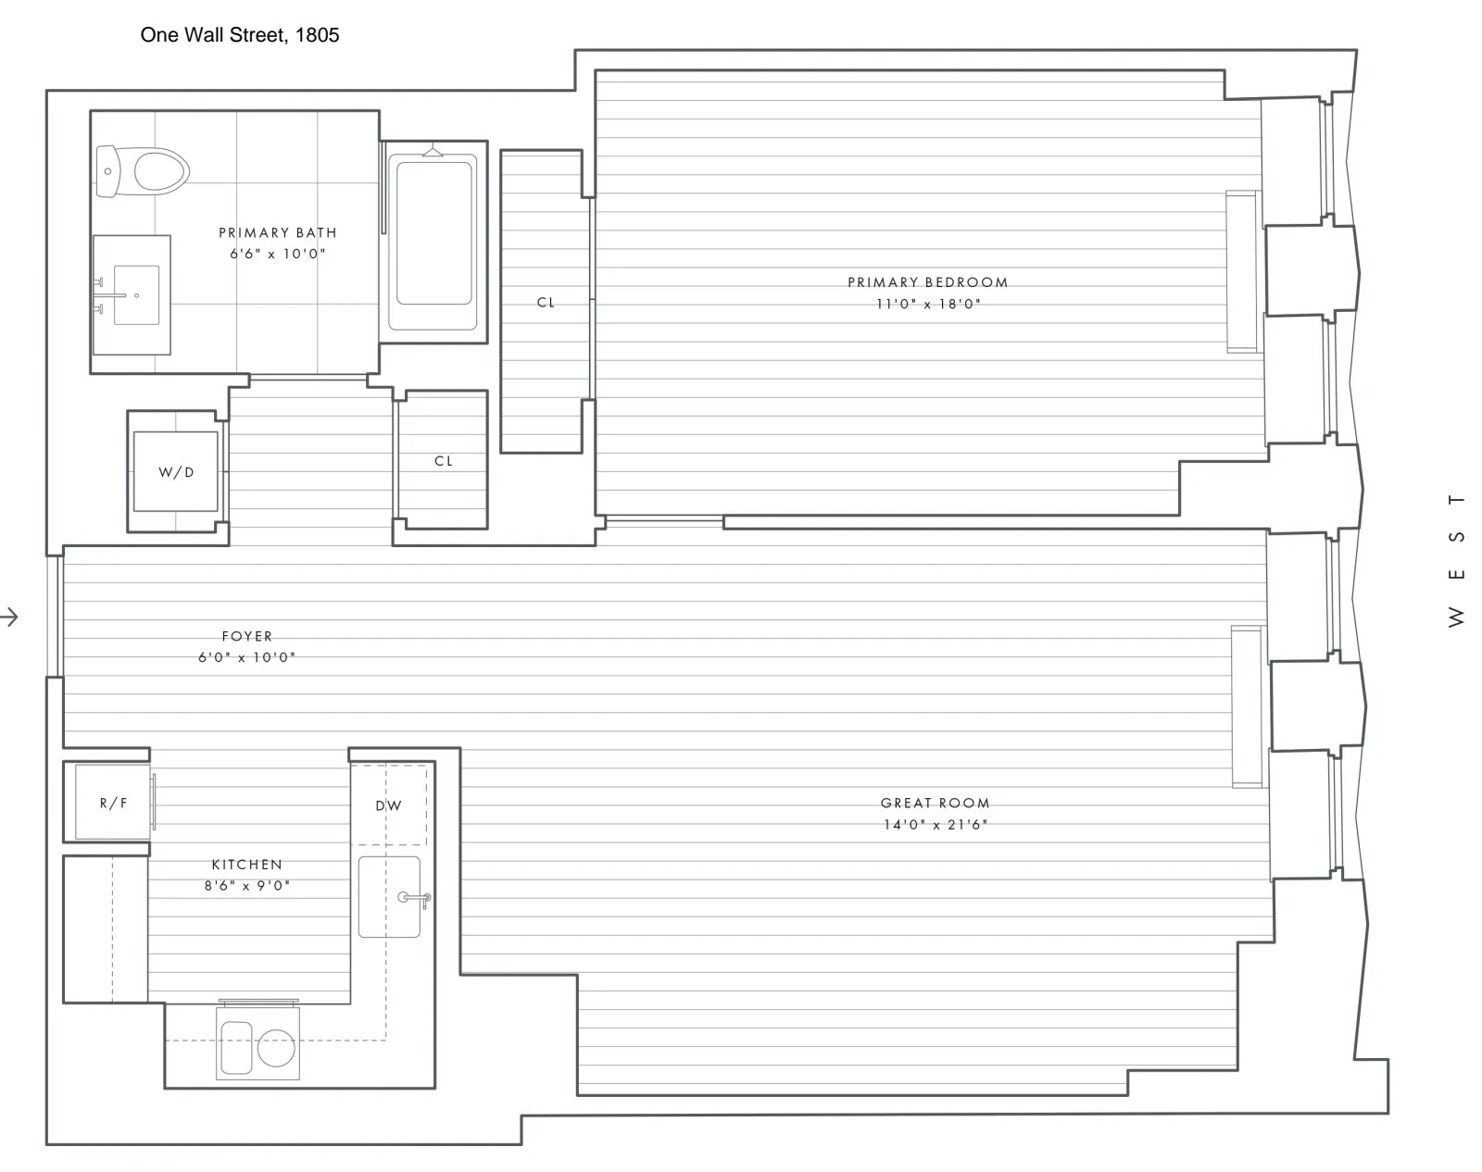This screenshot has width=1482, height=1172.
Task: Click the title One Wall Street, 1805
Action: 239,35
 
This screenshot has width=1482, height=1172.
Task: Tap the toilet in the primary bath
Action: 144,171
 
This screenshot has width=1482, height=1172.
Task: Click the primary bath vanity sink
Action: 135,294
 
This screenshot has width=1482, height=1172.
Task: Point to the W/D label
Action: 176,472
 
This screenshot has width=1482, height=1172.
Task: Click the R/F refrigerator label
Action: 113,803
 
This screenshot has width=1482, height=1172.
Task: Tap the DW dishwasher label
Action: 388,805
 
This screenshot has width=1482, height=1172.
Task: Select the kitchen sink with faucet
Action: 390,896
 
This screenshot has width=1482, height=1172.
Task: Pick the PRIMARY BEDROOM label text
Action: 927,282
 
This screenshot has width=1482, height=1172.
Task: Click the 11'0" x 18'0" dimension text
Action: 927,304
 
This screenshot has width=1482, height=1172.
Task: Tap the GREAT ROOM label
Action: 935,803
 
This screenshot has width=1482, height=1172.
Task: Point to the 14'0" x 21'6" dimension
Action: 935,824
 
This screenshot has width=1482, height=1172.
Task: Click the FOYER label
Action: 247,636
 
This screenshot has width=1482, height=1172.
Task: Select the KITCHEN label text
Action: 247,864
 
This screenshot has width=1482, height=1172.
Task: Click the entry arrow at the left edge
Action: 10,617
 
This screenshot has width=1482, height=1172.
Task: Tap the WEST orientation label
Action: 1457,561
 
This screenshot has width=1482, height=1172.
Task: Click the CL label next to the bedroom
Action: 546,302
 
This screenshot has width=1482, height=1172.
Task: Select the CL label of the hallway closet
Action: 444,460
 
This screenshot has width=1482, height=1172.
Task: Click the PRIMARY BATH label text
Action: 277,232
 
